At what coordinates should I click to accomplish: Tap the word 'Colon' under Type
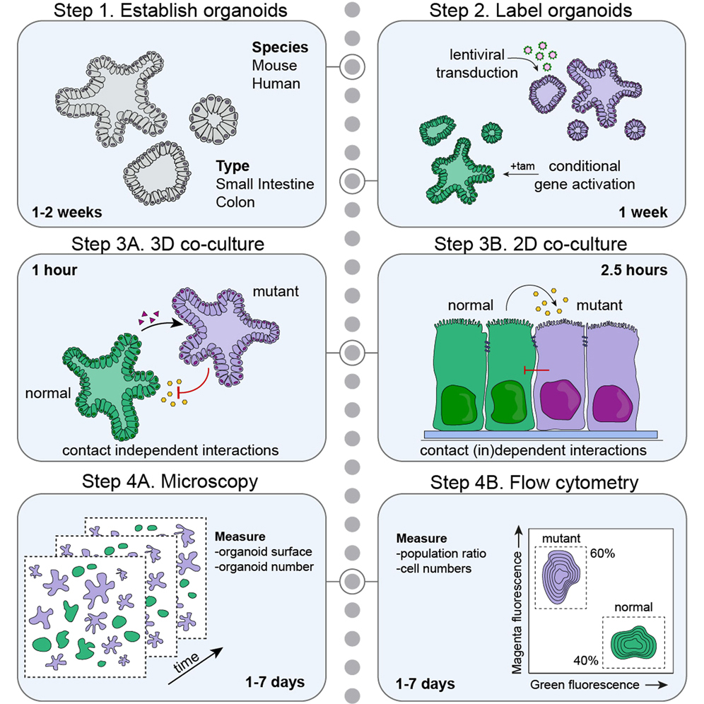[236, 201]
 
